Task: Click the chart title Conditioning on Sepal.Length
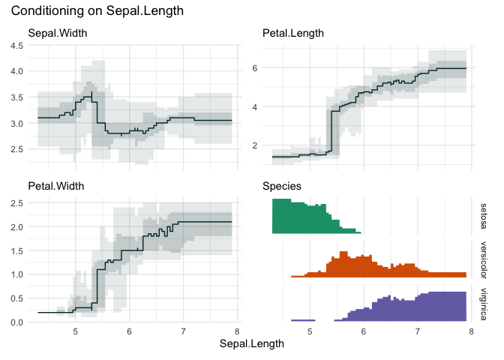(98, 12)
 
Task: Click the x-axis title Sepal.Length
(251, 344)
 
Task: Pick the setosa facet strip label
(484, 216)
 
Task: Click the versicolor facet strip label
(484, 259)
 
